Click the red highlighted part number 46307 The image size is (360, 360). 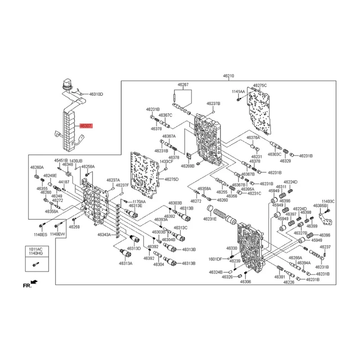(x=85, y=126)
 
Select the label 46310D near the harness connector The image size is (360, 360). (x=96, y=94)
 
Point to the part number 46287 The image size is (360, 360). (x=183, y=84)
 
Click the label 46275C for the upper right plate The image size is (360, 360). (x=260, y=85)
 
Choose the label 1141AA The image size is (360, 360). (x=238, y=91)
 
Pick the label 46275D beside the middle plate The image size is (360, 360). (x=171, y=179)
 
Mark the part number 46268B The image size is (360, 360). (x=187, y=166)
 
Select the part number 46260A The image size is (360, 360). (x=37, y=167)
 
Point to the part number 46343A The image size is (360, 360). (x=104, y=234)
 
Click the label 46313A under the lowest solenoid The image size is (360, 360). (x=126, y=264)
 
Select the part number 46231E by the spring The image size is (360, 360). (x=209, y=219)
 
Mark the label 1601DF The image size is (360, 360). (x=216, y=259)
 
